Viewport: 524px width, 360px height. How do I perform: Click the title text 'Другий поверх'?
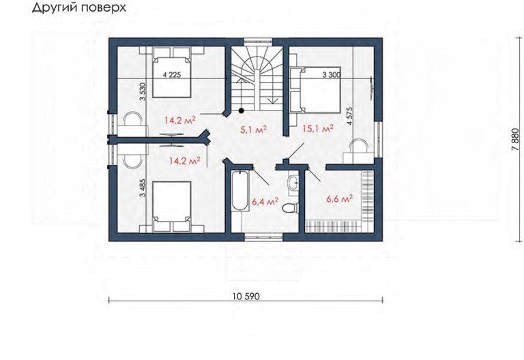[79, 8]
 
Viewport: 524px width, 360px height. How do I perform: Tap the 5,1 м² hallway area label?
[253, 130]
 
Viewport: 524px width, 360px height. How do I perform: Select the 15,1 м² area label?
[318, 128]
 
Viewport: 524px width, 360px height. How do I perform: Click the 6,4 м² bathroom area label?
[265, 201]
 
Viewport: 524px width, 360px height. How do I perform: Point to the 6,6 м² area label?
[340, 199]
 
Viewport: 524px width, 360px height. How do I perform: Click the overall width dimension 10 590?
[246, 296]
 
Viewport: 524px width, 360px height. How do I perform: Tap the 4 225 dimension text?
[172, 75]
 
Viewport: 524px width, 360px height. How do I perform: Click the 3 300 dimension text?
[331, 75]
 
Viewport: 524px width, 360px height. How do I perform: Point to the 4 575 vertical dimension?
[349, 116]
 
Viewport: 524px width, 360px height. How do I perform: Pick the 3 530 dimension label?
[143, 91]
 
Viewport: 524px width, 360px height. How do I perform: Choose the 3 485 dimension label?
[143, 188]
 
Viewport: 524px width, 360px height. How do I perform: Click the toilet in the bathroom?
[291, 208]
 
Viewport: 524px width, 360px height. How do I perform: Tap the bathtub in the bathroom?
[240, 191]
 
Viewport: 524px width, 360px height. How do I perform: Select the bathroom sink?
[293, 182]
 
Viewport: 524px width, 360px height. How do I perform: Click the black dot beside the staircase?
[241, 111]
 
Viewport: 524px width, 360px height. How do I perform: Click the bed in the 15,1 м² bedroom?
[319, 90]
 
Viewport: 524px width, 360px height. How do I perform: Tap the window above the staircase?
[259, 42]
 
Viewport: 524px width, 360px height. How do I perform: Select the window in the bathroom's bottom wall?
[263, 237]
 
